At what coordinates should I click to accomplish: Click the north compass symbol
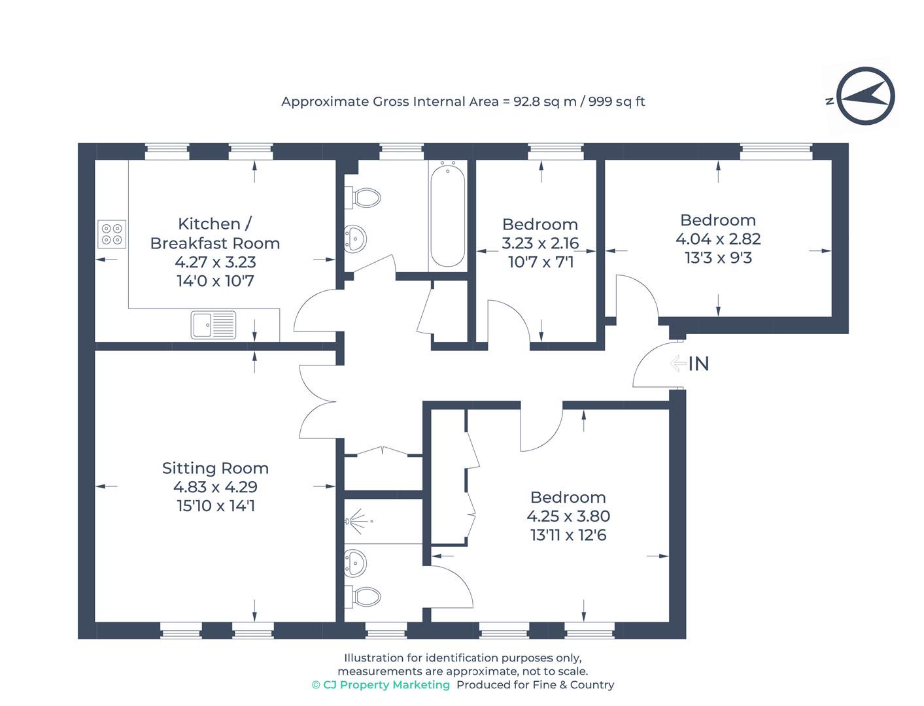(x=864, y=96)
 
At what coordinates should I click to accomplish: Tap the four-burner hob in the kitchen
(x=112, y=234)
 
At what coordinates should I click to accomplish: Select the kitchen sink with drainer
(x=213, y=325)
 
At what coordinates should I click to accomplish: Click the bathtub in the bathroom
(x=447, y=216)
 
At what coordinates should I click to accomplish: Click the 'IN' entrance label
(x=698, y=364)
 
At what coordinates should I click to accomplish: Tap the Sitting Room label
(x=215, y=468)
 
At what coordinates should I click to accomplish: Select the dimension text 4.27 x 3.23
(x=215, y=262)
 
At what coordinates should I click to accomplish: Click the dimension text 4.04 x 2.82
(x=718, y=239)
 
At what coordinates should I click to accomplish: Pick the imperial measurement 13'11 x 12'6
(x=568, y=535)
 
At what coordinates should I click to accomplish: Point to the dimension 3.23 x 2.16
(x=540, y=243)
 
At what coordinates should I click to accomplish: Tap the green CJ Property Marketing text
(x=381, y=684)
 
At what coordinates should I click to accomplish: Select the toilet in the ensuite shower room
(x=362, y=596)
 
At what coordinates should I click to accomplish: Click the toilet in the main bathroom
(x=362, y=197)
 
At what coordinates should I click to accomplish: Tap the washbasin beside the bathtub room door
(x=355, y=239)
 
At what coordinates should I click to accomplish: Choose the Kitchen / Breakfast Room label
(x=215, y=233)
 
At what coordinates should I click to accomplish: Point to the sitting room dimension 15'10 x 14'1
(x=216, y=506)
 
